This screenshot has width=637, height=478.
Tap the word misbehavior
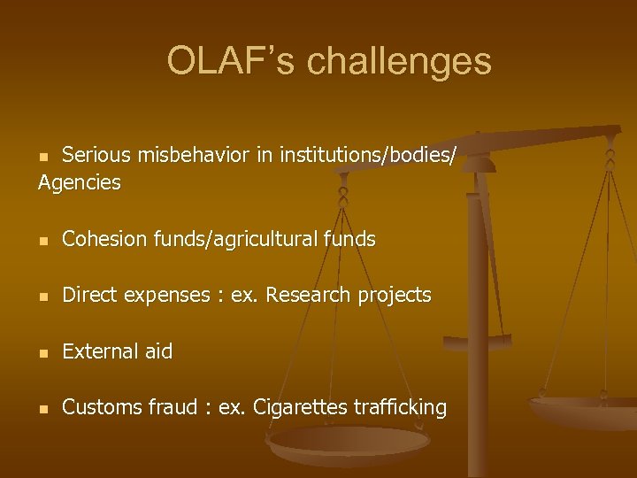click(195, 156)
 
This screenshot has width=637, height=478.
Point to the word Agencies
click(80, 183)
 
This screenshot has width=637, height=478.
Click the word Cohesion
click(103, 239)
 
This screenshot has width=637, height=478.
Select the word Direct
click(89, 296)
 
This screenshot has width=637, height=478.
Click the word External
click(100, 351)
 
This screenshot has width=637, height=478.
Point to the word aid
click(158, 351)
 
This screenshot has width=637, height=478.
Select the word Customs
click(100, 407)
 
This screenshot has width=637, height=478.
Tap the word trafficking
click(400, 407)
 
